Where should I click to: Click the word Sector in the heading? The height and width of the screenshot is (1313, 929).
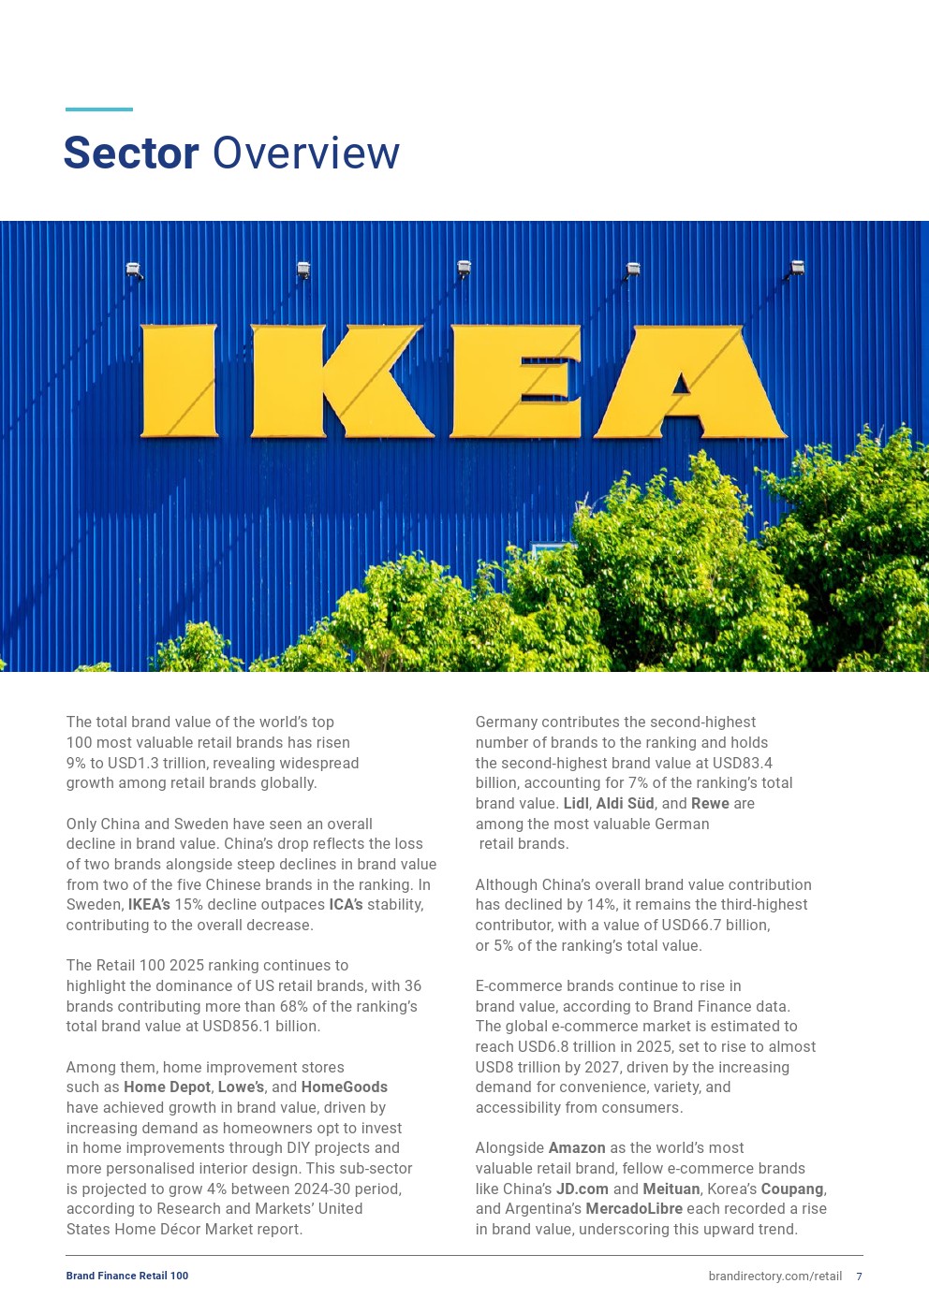point(131,153)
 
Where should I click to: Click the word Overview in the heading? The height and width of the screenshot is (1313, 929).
point(306,153)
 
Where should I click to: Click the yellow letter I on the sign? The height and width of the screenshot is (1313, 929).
point(179,381)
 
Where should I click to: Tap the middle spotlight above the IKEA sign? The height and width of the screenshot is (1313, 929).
point(464,269)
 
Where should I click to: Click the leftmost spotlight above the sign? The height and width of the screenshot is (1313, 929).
point(134,270)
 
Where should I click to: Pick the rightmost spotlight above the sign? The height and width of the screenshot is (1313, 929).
point(797,268)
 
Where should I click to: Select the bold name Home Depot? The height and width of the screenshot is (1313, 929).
point(167,1087)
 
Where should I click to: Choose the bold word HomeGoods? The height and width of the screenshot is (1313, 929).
point(344,1087)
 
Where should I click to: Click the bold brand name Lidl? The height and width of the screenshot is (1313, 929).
point(576,803)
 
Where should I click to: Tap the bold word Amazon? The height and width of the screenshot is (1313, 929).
point(577,1147)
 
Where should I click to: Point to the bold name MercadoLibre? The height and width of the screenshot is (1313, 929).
point(634,1208)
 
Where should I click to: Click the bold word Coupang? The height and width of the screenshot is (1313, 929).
point(792,1189)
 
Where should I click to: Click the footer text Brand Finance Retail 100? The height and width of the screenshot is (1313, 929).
point(127,1276)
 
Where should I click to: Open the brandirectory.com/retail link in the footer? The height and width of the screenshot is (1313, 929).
point(774,1276)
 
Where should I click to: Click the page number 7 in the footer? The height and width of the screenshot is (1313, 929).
point(859,1276)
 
